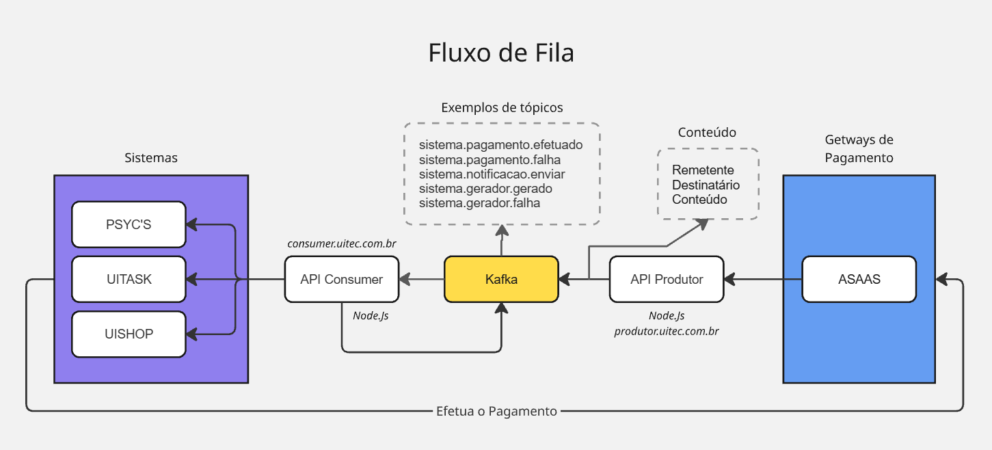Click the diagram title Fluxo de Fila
coord(500,53)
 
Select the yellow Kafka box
coord(501,279)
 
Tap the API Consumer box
coord(341,279)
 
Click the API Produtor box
coord(666,279)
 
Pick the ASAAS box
coord(859,279)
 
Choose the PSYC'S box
coord(129,224)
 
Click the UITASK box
coord(129,279)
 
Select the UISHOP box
coord(129,334)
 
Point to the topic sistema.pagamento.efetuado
coord(500,145)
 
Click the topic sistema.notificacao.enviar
coord(492,174)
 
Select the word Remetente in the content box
coord(703,170)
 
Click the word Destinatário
coord(706,185)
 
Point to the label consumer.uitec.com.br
coord(342,243)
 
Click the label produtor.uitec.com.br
coord(666,331)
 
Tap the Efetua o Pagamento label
coord(496,411)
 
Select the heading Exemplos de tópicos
coord(502,107)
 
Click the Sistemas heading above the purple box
coord(151,158)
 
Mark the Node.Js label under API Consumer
coord(371,315)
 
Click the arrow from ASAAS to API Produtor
coord(763,279)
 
